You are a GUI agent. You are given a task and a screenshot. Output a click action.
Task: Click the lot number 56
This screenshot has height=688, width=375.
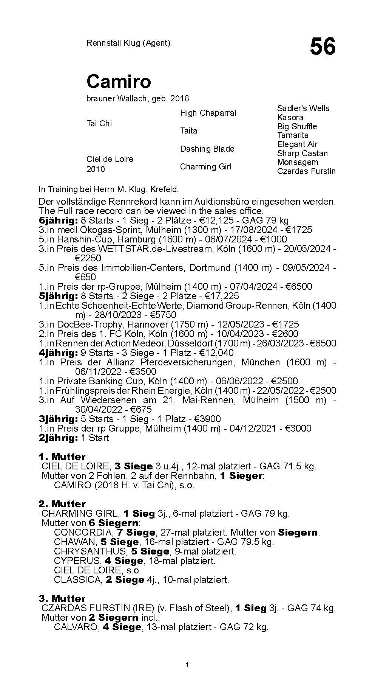point(323,47)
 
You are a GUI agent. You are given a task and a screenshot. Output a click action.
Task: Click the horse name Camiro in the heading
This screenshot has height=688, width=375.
point(119,81)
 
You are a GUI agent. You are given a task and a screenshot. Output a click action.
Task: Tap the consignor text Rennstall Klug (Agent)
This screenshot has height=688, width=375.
point(128,43)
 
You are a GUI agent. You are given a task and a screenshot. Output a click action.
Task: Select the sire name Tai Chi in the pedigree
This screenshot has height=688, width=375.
point(99,124)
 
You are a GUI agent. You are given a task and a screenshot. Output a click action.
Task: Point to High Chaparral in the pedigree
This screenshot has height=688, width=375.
point(208,113)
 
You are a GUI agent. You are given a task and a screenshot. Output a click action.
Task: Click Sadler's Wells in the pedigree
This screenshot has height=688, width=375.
point(303,109)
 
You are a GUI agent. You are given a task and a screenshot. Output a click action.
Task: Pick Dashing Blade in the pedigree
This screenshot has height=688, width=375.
point(207,149)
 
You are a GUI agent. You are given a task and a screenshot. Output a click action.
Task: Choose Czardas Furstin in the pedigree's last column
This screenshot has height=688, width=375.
point(306,171)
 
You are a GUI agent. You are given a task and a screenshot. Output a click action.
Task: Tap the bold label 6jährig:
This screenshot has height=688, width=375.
point(58,221)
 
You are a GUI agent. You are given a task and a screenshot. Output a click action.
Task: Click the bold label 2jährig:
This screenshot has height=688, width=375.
point(58,438)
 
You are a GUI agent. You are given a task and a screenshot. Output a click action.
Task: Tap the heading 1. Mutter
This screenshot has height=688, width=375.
point(62,457)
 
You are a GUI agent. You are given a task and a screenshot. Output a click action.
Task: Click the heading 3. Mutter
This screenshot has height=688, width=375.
point(62,598)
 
